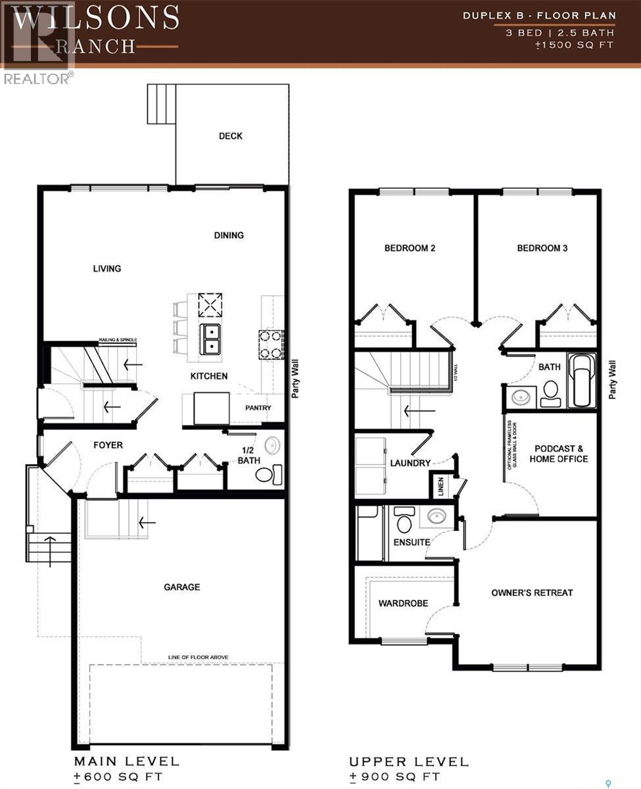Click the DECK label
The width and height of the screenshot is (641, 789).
point(230,136)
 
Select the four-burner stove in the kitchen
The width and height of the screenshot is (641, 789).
point(271,344)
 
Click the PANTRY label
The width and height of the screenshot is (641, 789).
point(258,408)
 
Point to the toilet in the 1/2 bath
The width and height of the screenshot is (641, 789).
point(268,474)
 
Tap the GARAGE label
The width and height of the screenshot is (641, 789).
point(181,587)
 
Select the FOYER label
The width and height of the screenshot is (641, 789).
point(108,445)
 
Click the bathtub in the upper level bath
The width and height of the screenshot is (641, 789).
point(582,381)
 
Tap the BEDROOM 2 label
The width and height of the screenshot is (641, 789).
point(410,248)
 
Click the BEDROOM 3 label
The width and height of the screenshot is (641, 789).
point(542,248)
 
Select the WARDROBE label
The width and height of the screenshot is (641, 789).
point(403,603)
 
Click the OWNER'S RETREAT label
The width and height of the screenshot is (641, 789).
point(532,592)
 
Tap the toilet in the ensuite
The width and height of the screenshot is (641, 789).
point(404,522)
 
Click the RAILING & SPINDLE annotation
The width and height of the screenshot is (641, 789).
point(118,339)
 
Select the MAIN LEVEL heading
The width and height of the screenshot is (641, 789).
point(126,761)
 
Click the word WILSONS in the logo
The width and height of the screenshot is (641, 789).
point(95,18)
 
